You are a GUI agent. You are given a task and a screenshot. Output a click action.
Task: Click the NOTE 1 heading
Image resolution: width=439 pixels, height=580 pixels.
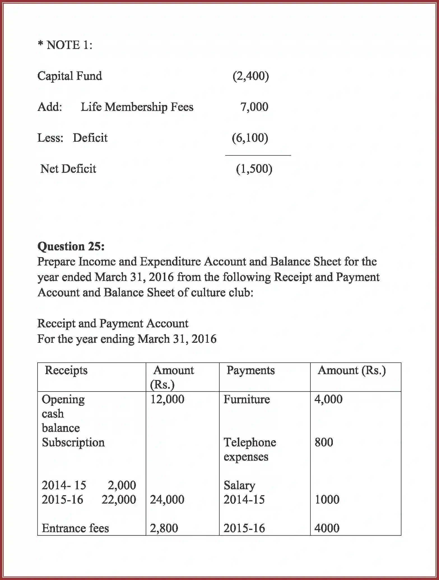pos(65,45)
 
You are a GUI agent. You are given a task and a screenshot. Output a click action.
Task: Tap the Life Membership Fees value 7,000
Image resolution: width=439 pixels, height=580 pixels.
pos(254,107)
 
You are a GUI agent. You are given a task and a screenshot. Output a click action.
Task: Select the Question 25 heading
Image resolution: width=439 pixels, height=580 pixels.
pos(71,246)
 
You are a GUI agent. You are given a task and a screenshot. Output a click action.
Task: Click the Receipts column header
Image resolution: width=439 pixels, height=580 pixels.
pos(66,370)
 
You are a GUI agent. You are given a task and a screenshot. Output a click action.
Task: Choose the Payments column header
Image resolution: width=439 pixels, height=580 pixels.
pos(250,370)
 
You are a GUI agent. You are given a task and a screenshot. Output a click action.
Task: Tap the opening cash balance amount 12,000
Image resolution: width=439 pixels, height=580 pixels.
pos(167,399)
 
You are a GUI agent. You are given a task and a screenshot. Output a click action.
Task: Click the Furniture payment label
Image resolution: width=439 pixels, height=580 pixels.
pos(247,399)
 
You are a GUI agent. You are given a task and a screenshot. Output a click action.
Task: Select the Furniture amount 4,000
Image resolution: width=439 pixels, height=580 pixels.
pos(328,399)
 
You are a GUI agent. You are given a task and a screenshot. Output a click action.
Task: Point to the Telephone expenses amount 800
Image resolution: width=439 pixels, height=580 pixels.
pos(324,442)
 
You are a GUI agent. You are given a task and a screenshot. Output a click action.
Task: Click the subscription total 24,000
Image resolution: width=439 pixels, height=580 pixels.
pos(167,500)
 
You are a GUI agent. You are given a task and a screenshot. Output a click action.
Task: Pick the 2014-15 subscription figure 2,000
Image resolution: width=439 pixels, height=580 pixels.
pos(122,485)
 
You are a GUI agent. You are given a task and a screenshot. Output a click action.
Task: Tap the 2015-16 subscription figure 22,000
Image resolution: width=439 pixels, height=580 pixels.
pos(119,500)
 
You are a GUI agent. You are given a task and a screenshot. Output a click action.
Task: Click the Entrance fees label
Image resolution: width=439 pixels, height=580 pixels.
pos(75,528)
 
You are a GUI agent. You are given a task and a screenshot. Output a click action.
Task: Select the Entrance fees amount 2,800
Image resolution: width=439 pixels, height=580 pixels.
pos(164,528)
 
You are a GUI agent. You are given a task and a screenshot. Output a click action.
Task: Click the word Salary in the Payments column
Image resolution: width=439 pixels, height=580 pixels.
pos(239,485)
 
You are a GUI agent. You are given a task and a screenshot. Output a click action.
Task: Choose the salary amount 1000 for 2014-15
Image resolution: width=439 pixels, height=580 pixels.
pos(327,500)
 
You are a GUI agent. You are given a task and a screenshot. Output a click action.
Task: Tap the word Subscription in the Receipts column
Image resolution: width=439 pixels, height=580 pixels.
pos(73,442)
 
